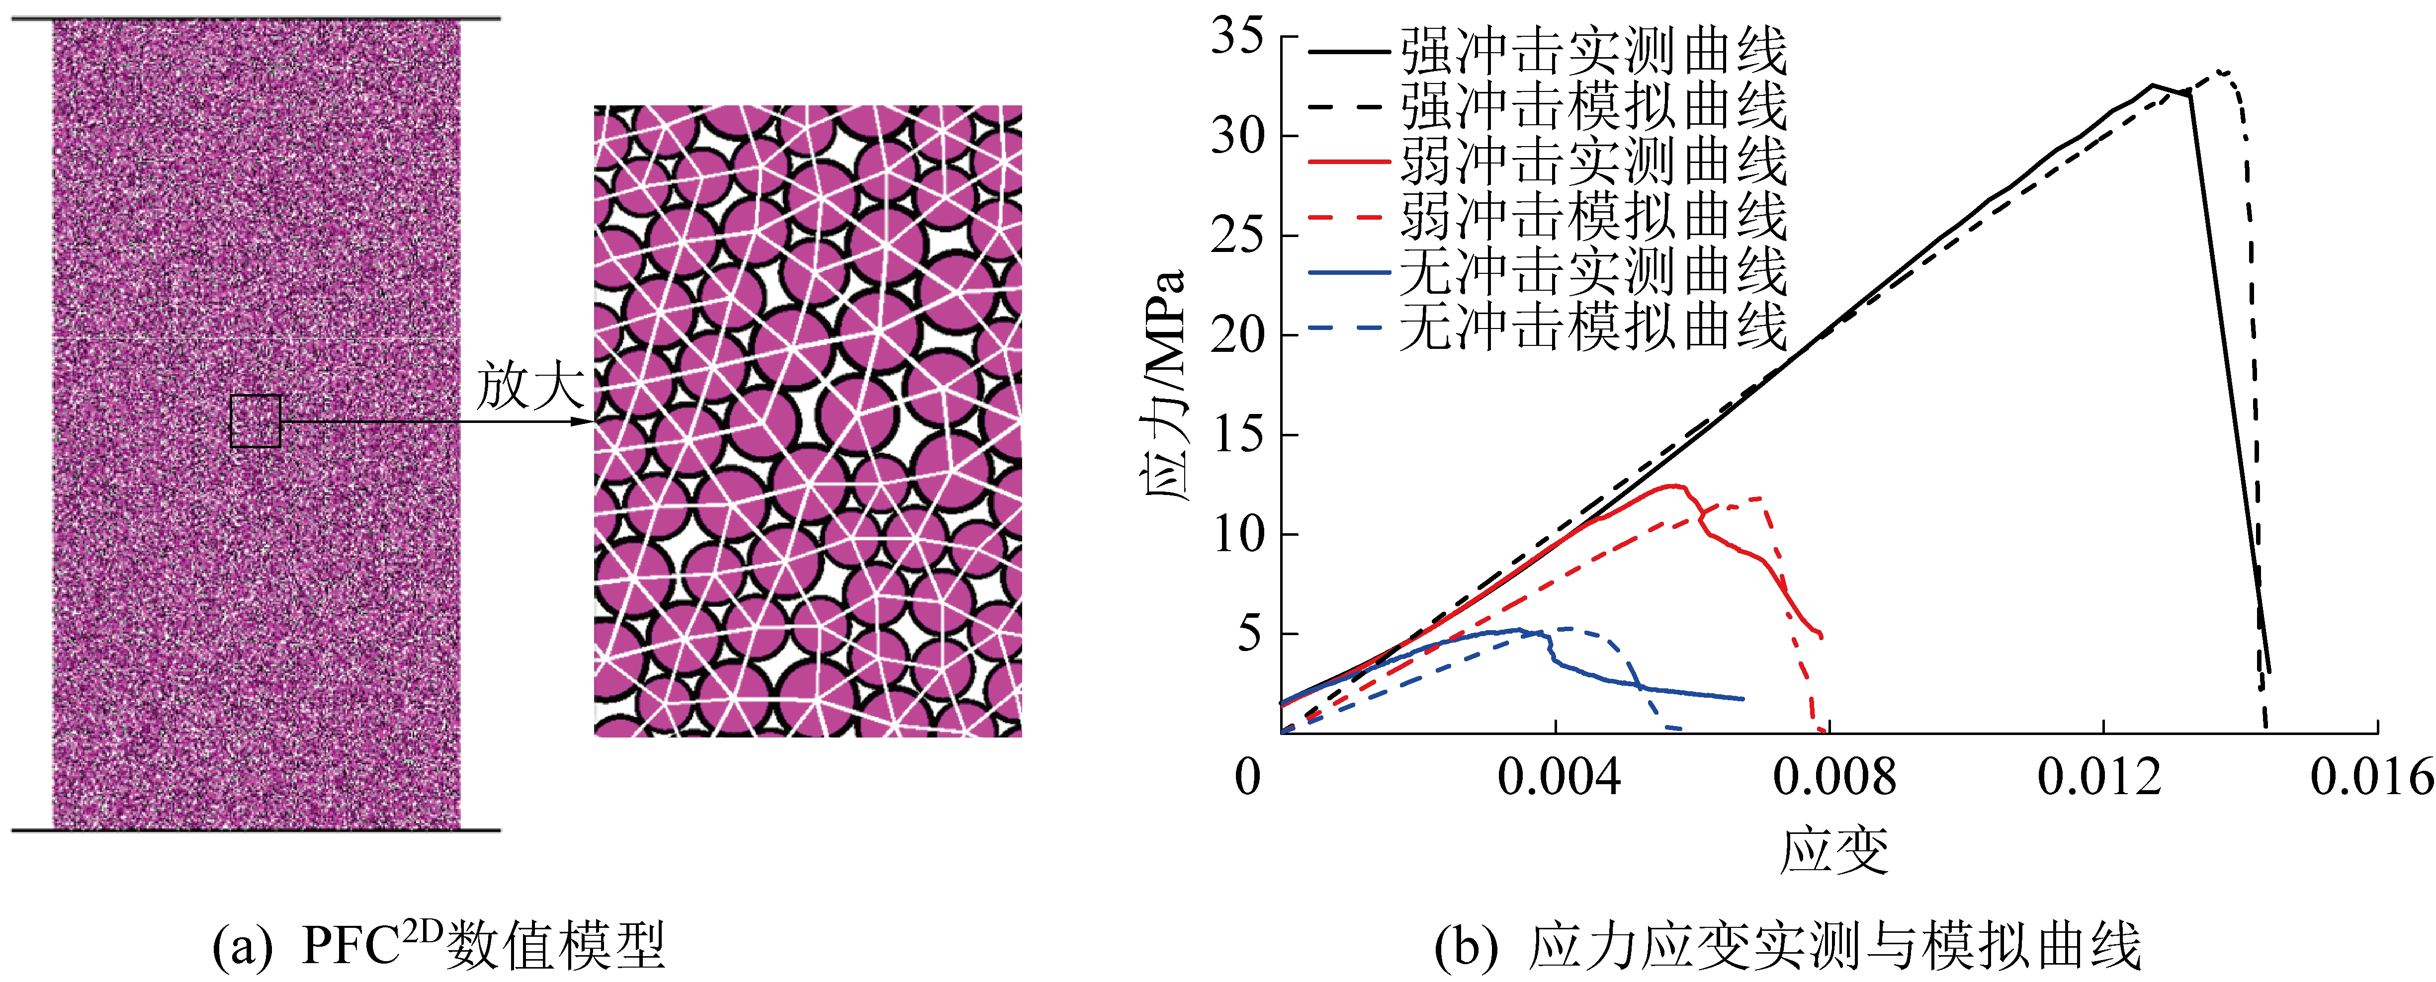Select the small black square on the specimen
[256, 420]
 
